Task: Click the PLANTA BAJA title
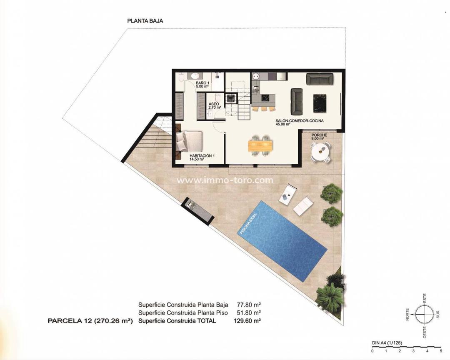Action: click(x=145, y=20)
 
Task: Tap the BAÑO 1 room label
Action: click(x=202, y=85)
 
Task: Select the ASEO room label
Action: click(x=214, y=105)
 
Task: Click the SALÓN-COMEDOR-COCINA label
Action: click(x=300, y=122)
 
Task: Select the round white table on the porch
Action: click(x=320, y=152)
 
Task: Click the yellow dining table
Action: click(x=260, y=145)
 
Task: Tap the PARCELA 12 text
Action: click(x=90, y=321)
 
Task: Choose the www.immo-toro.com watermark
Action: click(x=225, y=180)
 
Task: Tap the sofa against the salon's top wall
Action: click(x=320, y=78)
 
